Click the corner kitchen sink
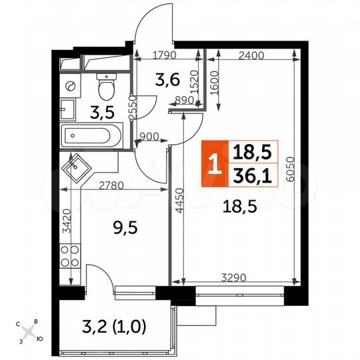[x=74, y=167]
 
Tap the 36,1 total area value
[x=251, y=175]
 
